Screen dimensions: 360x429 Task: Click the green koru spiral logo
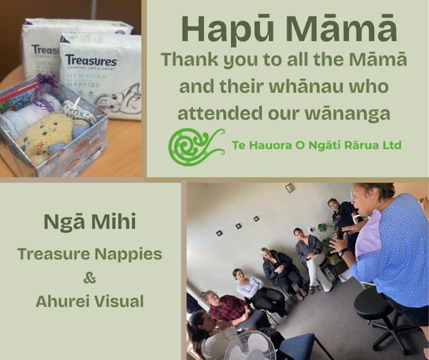(195, 146)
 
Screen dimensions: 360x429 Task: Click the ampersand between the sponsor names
(89, 277)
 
